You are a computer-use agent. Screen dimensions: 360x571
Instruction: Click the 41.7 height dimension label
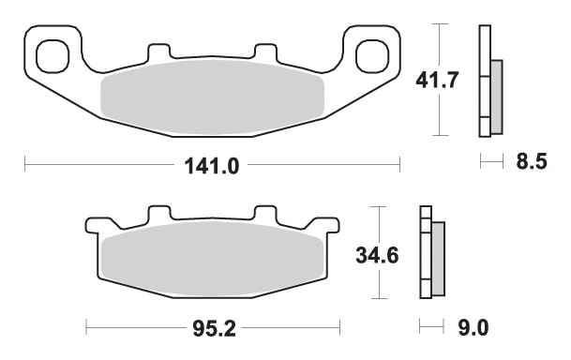click(x=437, y=81)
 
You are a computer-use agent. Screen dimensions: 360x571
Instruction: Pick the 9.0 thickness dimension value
click(x=475, y=327)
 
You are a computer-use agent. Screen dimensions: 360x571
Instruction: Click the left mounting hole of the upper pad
click(x=53, y=52)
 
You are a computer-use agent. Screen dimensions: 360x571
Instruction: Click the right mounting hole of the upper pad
click(x=373, y=52)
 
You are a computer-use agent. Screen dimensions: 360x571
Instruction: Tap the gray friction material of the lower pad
click(x=213, y=258)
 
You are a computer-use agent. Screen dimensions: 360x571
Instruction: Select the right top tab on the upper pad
click(x=265, y=51)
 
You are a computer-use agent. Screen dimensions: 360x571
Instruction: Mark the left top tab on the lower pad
click(x=157, y=215)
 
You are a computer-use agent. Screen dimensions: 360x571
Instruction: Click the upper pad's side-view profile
click(x=484, y=81)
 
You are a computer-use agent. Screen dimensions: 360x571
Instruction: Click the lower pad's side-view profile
click(x=427, y=253)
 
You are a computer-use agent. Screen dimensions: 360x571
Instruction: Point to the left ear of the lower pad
click(x=95, y=225)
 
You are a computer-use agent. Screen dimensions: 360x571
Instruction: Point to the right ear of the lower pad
click(x=330, y=225)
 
